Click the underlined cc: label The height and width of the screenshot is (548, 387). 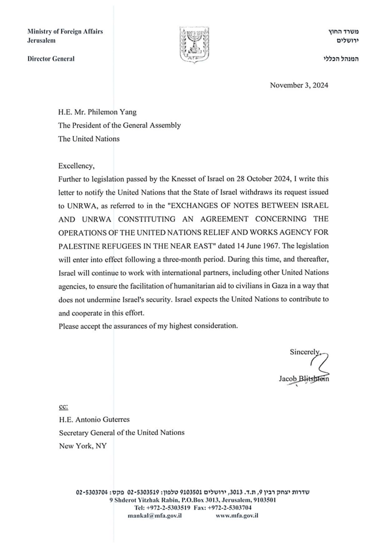[63, 406]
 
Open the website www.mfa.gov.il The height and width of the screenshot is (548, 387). [237, 515]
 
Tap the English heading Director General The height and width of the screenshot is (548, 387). [51, 59]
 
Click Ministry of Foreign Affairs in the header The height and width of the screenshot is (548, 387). [65, 31]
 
